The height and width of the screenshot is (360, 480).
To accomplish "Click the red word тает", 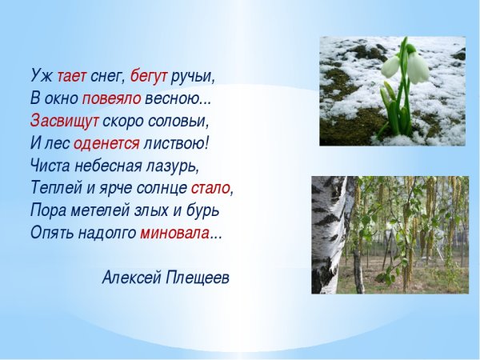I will pos(71,75).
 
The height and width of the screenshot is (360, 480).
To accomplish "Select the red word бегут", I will pos(149,76).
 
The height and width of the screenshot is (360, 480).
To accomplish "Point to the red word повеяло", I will pos(111,98).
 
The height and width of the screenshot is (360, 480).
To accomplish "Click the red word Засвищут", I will pos(65,121).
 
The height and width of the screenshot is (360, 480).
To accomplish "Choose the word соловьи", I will pos(183,121).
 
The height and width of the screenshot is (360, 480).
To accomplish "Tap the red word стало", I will pos(210,189).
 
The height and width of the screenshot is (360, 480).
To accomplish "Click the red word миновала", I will pos(175,234).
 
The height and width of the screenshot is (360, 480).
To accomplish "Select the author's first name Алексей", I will pos(131,278).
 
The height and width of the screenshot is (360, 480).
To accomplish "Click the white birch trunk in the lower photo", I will pos(330,232).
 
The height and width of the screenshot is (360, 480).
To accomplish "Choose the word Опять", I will pos(52,234).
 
